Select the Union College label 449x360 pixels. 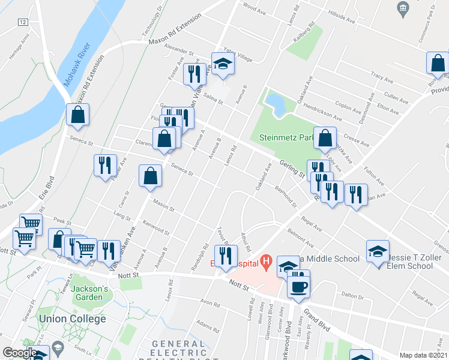click(x=71, y=318)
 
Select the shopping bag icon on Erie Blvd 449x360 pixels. click(x=78, y=115)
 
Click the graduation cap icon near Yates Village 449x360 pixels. click(x=222, y=64)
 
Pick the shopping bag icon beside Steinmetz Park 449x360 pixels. click(x=325, y=139)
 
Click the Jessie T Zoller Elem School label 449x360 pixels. click(x=418, y=259)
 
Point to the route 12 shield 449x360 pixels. click(x=23, y=22)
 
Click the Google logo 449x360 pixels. click(x=20, y=352)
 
